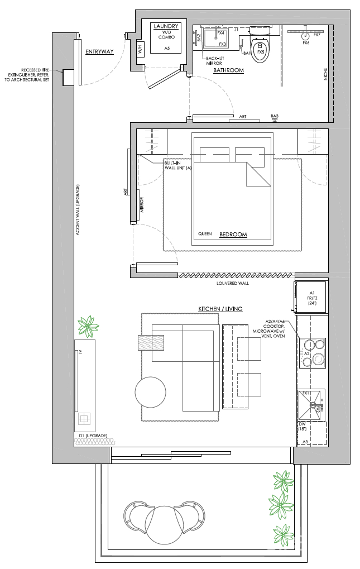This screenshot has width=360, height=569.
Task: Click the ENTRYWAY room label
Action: tap(99, 52)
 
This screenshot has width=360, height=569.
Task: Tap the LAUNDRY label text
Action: tap(167, 26)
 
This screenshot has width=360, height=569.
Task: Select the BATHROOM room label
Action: tap(228, 70)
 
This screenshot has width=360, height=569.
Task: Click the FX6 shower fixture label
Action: tap(306, 43)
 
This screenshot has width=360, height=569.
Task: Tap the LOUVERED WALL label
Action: tap(233, 283)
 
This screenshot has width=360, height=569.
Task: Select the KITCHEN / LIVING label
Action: tap(220, 309)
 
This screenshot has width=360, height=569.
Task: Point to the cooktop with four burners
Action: tap(312, 353)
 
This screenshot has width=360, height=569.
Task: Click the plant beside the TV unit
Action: tap(87, 326)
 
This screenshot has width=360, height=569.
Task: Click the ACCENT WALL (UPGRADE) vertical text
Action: tap(79, 209)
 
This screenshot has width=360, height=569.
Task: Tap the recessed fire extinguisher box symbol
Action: tap(69, 78)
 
